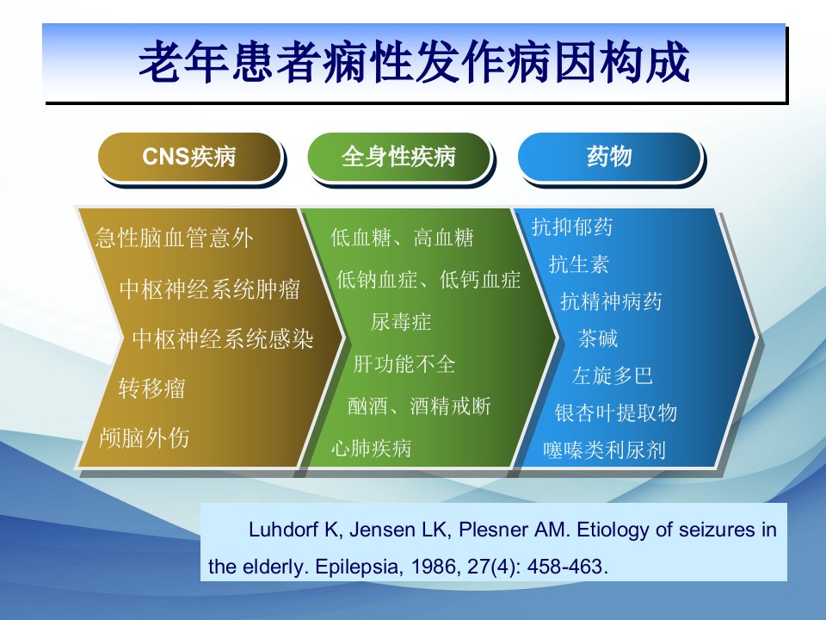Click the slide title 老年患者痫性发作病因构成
pyautogui.click(x=414, y=62)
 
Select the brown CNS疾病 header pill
pyautogui.click(x=189, y=157)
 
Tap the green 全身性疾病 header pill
pyautogui.click(x=398, y=157)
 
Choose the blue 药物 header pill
pyautogui.click(x=609, y=157)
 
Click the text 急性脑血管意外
pyautogui.click(x=175, y=238)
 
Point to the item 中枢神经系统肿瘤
pyautogui.click(x=210, y=289)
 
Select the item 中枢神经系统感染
pyautogui.click(x=223, y=338)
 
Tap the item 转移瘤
pyautogui.click(x=151, y=388)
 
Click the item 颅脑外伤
pyautogui.click(x=145, y=437)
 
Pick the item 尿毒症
pyautogui.click(x=401, y=321)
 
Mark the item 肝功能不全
pyautogui.click(x=404, y=363)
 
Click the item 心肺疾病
pyautogui.click(x=372, y=448)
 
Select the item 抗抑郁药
pyautogui.click(x=572, y=226)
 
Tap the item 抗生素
pyautogui.click(x=579, y=264)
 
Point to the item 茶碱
pyautogui.click(x=598, y=338)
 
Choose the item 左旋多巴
pyautogui.click(x=613, y=375)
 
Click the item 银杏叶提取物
pyautogui.click(x=616, y=412)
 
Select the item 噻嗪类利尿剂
pyautogui.click(x=605, y=449)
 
